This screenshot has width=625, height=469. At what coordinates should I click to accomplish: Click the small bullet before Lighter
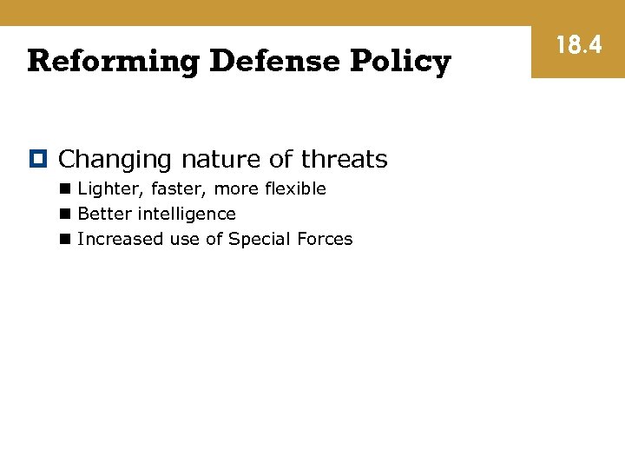tap(66, 189)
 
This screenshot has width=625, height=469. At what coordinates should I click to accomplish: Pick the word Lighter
tap(104, 189)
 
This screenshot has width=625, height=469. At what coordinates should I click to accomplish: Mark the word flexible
tap(294, 188)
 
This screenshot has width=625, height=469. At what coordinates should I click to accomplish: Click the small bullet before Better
tap(66, 215)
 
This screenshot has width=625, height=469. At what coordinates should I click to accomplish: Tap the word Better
tap(101, 214)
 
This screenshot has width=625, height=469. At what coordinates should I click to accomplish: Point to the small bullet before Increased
tap(66, 240)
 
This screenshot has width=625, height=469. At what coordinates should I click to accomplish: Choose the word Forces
tap(325, 239)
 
